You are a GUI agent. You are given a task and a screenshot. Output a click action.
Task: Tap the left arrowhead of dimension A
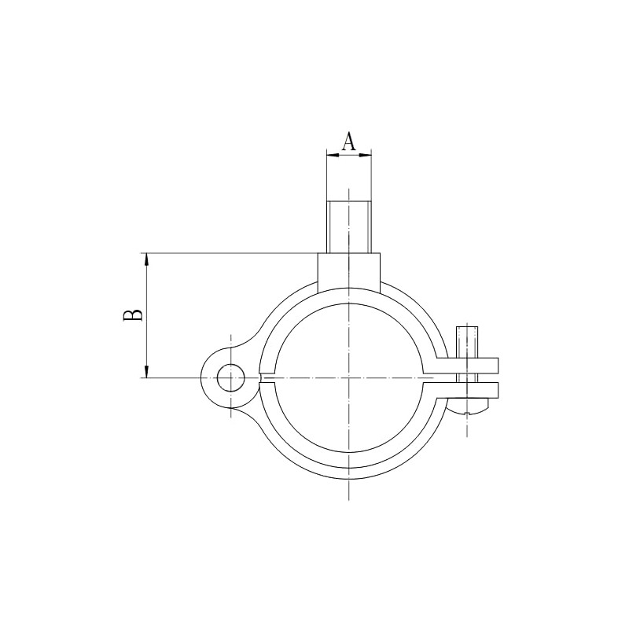pyautogui.click(x=331, y=155)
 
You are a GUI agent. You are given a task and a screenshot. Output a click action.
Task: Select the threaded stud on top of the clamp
pyautogui.click(x=349, y=226)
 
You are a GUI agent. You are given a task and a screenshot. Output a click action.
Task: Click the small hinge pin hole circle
pyautogui.click(x=230, y=378)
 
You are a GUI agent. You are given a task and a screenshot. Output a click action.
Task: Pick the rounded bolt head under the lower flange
pyautogui.click(x=469, y=405)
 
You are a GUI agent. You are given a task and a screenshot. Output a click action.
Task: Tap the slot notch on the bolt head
pyautogui.click(x=469, y=411)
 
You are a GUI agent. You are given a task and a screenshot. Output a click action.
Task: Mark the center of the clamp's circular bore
pyautogui.click(x=348, y=378)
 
